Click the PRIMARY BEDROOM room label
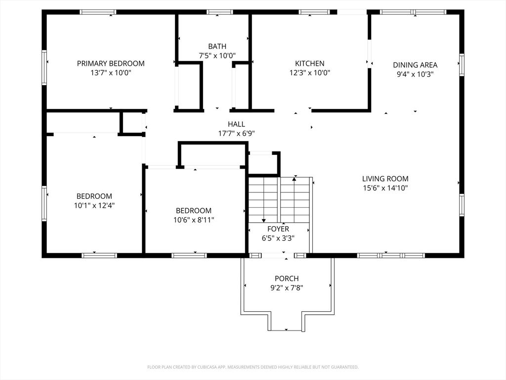click(111, 63)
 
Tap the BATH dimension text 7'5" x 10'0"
click(217, 55)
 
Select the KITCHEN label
click(310, 63)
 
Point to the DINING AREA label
click(415, 65)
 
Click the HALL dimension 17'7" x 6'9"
click(237, 133)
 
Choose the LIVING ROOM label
click(385, 179)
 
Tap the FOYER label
click(278, 229)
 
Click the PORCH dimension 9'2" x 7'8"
click(287, 287)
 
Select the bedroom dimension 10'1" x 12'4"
click(94, 205)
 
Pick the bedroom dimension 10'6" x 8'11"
click(194, 220)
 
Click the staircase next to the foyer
click(279, 199)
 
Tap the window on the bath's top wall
click(220, 12)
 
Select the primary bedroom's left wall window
click(44, 67)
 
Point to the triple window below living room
click(391, 256)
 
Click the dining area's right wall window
click(462, 65)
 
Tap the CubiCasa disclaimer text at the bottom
click(253, 367)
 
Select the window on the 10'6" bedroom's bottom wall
click(189, 256)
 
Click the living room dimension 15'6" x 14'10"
click(385, 188)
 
